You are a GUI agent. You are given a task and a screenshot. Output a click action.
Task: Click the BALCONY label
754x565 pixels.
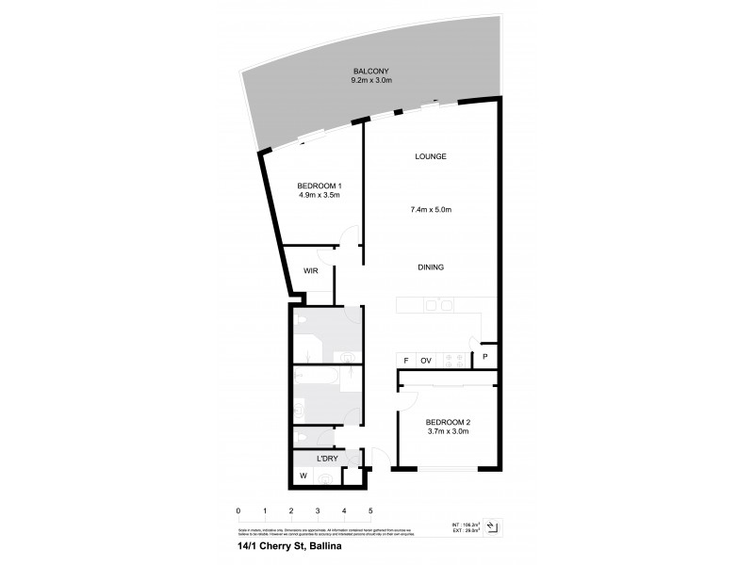[x=370, y=72]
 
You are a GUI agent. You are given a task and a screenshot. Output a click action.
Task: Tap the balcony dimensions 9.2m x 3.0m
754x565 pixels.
[x=370, y=82]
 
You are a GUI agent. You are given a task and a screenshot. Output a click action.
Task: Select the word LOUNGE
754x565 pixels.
[x=431, y=156]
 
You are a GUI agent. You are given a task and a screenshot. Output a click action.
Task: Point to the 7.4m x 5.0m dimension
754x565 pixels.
[x=431, y=209]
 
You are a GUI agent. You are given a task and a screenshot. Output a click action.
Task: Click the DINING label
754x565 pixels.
[x=431, y=267]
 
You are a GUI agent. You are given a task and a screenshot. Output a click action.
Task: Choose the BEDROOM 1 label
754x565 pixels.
[x=318, y=185]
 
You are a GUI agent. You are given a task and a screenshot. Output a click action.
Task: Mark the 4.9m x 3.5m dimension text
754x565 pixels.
[x=318, y=196]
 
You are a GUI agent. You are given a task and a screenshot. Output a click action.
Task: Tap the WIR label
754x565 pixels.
[x=310, y=271]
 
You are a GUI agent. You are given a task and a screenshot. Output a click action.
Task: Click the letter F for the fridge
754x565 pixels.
[x=405, y=359]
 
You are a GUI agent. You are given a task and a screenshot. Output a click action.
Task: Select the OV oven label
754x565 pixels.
[x=426, y=359]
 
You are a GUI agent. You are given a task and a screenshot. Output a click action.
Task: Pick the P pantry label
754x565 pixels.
[x=485, y=358]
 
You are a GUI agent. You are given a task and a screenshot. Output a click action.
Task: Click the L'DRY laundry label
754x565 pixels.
[x=327, y=459]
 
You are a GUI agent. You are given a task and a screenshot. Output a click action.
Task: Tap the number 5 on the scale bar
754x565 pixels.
[x=371, y=511]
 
